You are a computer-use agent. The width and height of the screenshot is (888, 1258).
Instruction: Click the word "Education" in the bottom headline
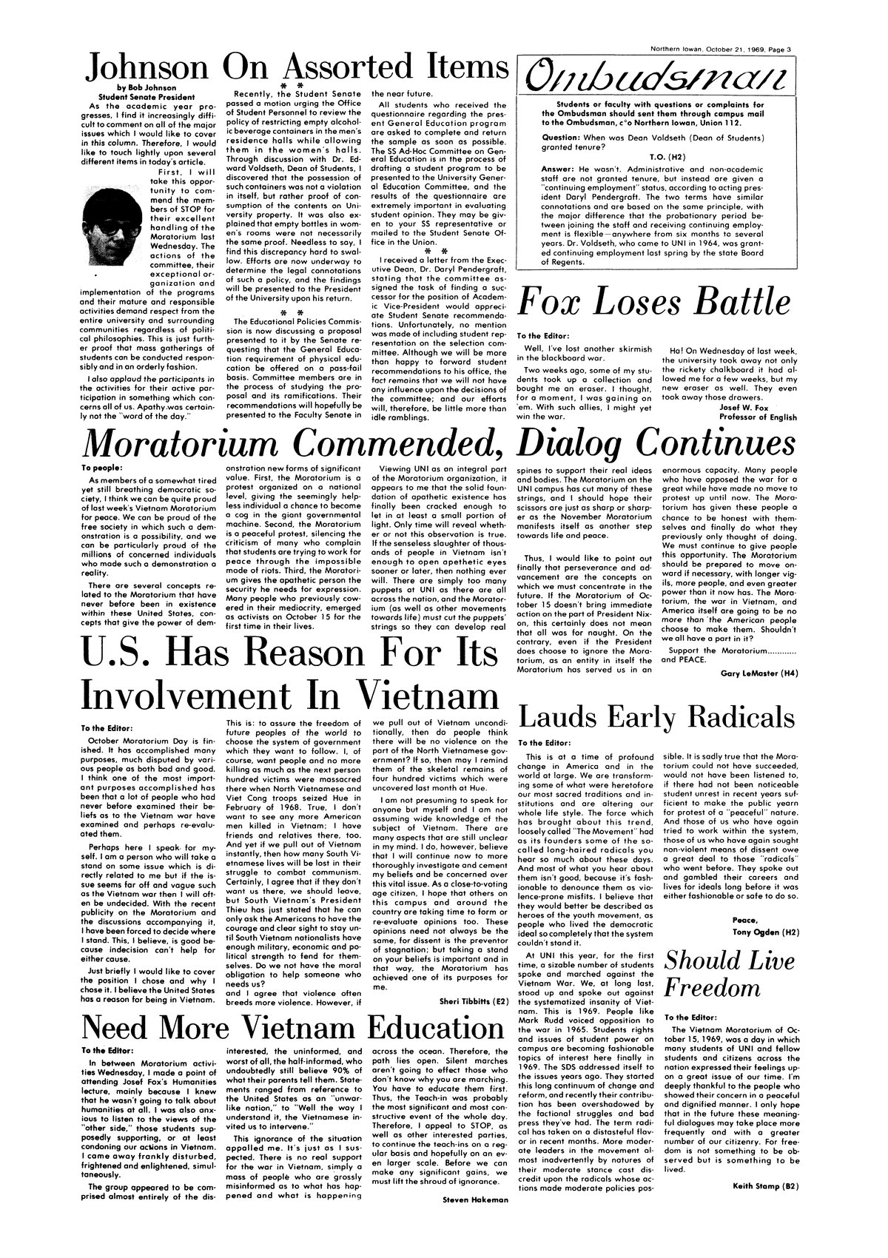click(x=425, y=1029)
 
